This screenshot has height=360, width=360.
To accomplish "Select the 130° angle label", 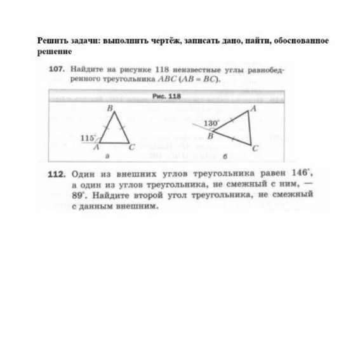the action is tap(211, 123).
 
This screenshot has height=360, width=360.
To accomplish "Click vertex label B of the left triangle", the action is tap(109, 109).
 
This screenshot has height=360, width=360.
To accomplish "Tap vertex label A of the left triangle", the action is tap(96, 147).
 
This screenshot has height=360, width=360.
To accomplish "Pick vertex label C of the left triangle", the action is tap(132, 147).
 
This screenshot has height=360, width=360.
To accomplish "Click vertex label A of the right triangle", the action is tap(253, 109).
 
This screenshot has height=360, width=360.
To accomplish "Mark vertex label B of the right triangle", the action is tap(210, 135).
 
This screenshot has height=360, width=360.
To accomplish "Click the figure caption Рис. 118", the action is tap(167, 97).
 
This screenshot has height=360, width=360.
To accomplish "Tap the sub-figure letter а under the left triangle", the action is tap(107, 156).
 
